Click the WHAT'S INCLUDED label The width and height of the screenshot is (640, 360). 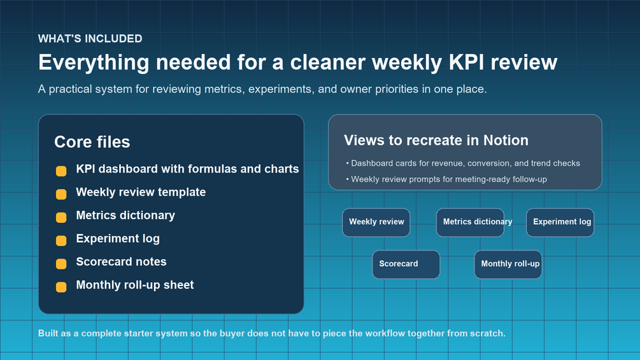[90, 39]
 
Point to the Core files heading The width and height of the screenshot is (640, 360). [92, 142]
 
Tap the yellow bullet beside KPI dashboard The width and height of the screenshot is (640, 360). [61, 171]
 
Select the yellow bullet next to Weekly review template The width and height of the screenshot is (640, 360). [61, 194]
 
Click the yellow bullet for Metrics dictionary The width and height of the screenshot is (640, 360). [61, 217]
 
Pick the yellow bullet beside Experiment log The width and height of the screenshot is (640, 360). [61, 241]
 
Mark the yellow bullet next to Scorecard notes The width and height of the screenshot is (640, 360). [61, 264]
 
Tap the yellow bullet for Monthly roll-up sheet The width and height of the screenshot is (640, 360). [61, 287]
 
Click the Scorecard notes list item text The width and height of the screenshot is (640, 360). [121, 262]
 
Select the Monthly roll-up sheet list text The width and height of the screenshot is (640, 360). [135, 285]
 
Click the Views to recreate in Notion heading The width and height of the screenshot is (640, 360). [436, 140]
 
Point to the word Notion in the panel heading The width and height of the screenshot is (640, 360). [506, 140]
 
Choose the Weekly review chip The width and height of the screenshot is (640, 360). [376, 222]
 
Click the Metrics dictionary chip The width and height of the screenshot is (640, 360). [470, 222]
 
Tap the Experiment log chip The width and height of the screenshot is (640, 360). [560, 222]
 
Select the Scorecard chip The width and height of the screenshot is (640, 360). [406, 264]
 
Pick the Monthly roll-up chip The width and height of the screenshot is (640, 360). [508, 264]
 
